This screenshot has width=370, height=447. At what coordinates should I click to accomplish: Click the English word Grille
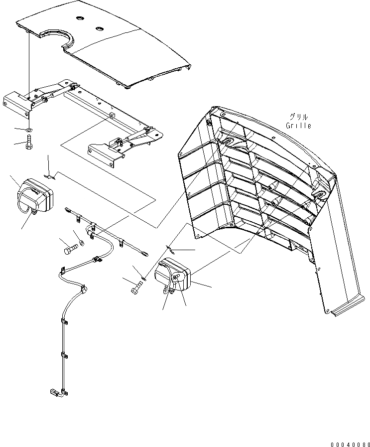pyautogui.click(x=299, y=126)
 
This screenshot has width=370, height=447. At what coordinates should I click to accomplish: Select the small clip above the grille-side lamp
pyautogui.click(x=169, y=248)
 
